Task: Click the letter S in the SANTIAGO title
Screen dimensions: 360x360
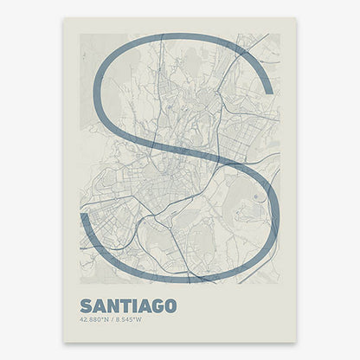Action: [x=86, y=306]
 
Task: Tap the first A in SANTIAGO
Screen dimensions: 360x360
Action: [x=98, y=306]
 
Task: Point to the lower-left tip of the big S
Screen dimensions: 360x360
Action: [x=83, y=216]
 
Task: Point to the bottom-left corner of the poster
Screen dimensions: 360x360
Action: [x=62, y=342]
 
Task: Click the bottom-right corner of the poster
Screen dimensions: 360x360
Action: [x=296, y=342]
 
